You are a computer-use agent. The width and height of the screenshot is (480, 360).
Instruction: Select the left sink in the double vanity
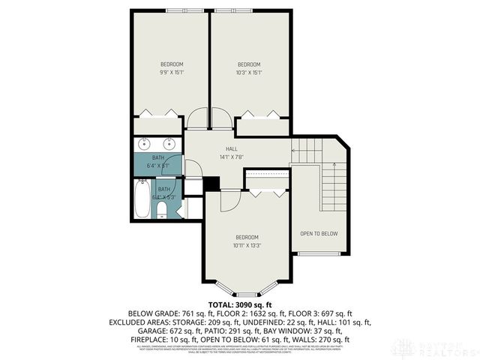pyautogui.click(x=145, y=144)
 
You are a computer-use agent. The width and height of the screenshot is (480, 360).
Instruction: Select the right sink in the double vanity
pyautogui.click(x=170, y=144)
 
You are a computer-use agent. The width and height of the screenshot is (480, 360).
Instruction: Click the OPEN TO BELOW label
pyautogui.click(x=319, y=234)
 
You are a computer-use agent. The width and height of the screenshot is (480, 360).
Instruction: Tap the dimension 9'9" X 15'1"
pyautogui.click(x=172, y=73)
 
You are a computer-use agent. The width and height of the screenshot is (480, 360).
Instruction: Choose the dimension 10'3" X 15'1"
pyautogui.click(x=249, y=73)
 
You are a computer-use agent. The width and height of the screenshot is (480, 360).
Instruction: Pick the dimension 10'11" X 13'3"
pyautogui.click(x=247, y=244)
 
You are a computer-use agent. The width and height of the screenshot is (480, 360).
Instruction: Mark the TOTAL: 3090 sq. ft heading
pyautogui.click(x=240, y=304)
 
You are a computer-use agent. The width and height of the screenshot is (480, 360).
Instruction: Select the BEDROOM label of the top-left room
pyautogui.click(x=172, y=64)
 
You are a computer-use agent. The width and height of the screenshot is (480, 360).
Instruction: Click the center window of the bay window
pyautogui.click(x=247, y=293)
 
